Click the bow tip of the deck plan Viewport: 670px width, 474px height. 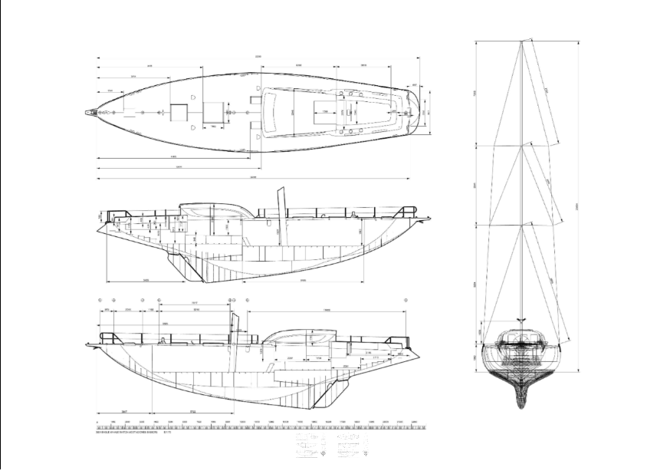click(86, 112)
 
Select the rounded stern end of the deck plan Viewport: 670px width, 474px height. click(419, 112)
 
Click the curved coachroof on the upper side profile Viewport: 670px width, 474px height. click(209, 209)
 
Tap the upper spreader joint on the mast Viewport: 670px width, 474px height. click(522, 143)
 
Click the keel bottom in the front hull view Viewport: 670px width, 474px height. click(522, 403)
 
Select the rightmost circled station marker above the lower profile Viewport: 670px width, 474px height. click(405, 300)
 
